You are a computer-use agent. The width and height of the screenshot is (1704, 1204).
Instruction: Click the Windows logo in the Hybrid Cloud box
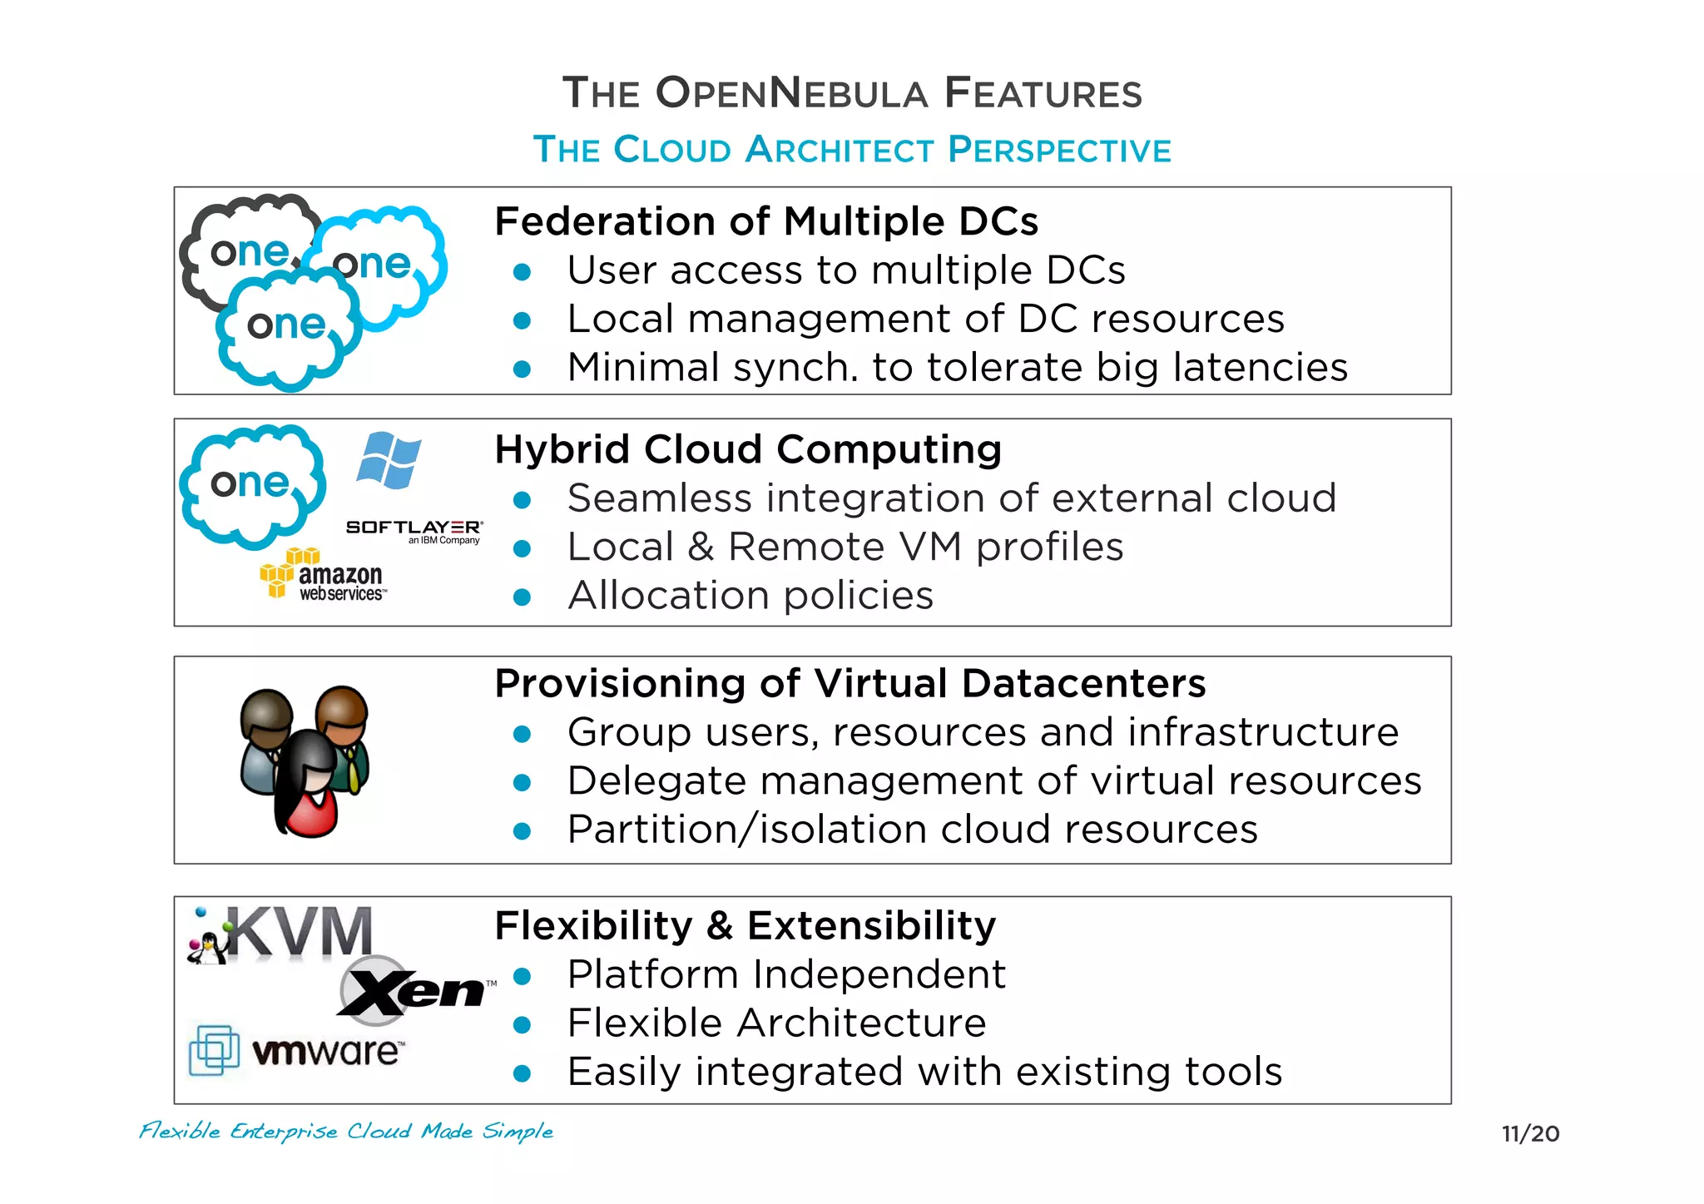coord(389,460)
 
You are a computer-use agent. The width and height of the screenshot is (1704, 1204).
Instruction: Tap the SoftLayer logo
coord(414,529)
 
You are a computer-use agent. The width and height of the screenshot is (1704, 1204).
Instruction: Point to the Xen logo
coord(412,989)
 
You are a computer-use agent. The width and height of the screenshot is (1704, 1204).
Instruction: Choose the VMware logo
coord(297,1051)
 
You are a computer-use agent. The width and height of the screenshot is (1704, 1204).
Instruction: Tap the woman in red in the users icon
coord(309,786)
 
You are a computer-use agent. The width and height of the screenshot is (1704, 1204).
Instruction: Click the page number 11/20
coord(1530,1133)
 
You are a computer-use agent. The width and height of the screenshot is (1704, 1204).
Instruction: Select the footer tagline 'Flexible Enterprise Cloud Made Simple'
coord(346,1131)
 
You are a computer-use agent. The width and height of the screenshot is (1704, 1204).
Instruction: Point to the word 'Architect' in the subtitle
coord(840,150)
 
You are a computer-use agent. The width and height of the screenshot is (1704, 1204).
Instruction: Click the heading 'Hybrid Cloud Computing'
coord(748,449)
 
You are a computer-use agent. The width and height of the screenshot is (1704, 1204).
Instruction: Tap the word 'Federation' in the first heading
coord(604,222)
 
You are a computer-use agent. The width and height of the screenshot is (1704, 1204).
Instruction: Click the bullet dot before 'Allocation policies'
coord(523,597)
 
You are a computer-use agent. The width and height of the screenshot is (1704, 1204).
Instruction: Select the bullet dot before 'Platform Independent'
coord(523,976)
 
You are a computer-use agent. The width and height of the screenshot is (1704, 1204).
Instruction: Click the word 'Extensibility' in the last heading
coord(871,925)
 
